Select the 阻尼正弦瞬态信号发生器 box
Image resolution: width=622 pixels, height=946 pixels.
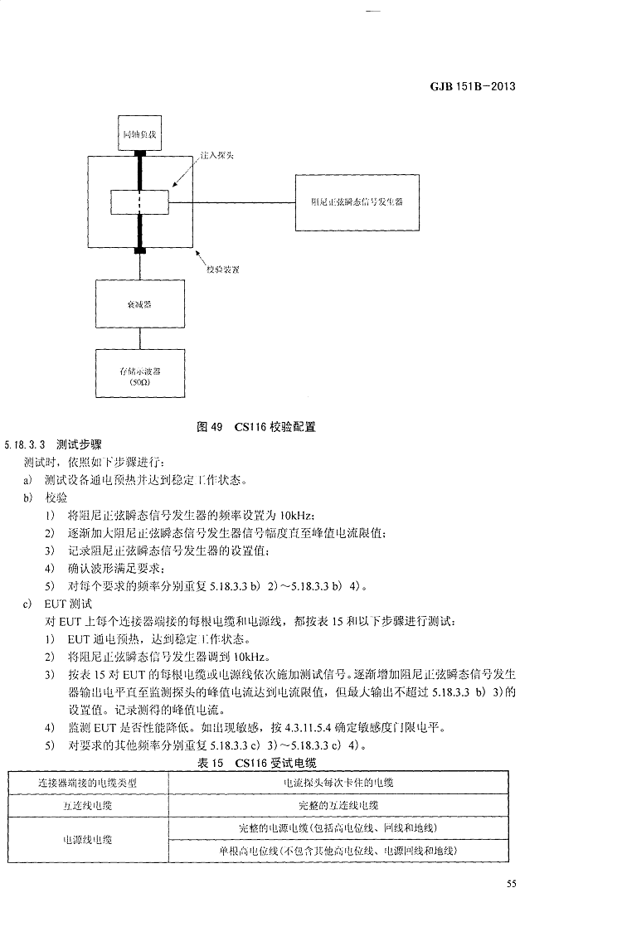[x=356, y=201]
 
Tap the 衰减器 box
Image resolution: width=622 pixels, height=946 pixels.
[x=139, y=304]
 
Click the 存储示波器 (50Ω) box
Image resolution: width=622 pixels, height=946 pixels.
[x=139, y=376]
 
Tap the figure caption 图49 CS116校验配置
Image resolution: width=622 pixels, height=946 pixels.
[x=256, y=427]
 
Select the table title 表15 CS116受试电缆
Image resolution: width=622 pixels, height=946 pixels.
[x=257, y=762]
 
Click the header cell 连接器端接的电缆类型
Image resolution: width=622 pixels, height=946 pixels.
[x=87, y=782]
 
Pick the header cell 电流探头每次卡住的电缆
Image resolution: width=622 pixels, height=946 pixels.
[x=338, y=782]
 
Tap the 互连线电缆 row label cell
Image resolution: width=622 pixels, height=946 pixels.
[x=87, y=805]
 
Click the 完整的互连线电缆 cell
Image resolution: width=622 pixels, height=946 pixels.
[x=338, y=805]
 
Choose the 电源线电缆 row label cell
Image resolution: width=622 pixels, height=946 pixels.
[x=87, y=840]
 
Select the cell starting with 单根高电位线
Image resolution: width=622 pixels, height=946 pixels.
[x=338, y=851]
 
